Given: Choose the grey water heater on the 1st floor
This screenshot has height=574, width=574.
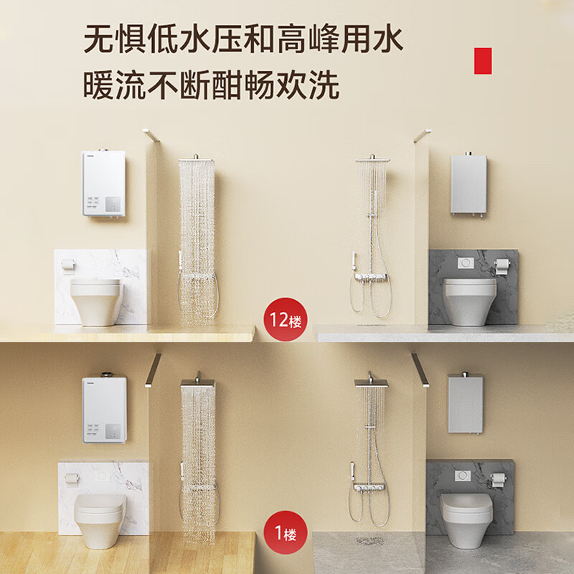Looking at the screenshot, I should point(465,403).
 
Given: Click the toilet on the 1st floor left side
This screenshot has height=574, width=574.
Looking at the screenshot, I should point(100,510).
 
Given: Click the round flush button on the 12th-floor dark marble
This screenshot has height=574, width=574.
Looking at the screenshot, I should point(467,263).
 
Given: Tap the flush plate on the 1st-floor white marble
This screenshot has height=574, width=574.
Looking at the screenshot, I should point(103,475).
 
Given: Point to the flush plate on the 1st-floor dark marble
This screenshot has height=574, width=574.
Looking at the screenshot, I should point(465,475).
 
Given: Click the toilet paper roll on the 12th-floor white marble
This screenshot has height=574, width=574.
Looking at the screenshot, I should point(67,264).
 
